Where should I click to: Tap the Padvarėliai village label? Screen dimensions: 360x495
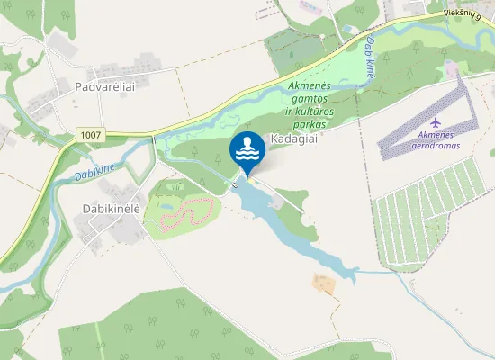point(105,86)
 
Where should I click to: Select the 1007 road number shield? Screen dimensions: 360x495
point(90,135)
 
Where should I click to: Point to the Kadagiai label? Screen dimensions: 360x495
point(295,140)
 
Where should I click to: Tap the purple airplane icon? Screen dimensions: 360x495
point(436,121)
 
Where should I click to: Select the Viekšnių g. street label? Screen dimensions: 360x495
point(468,13)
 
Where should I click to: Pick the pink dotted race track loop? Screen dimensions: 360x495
point(184,212)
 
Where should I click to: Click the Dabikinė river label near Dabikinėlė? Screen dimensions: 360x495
point(95,170)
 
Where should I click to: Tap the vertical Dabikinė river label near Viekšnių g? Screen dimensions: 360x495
point(369,57)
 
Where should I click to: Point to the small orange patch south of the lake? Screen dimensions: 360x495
point(324,284)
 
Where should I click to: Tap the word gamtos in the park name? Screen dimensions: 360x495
point(309,96)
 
